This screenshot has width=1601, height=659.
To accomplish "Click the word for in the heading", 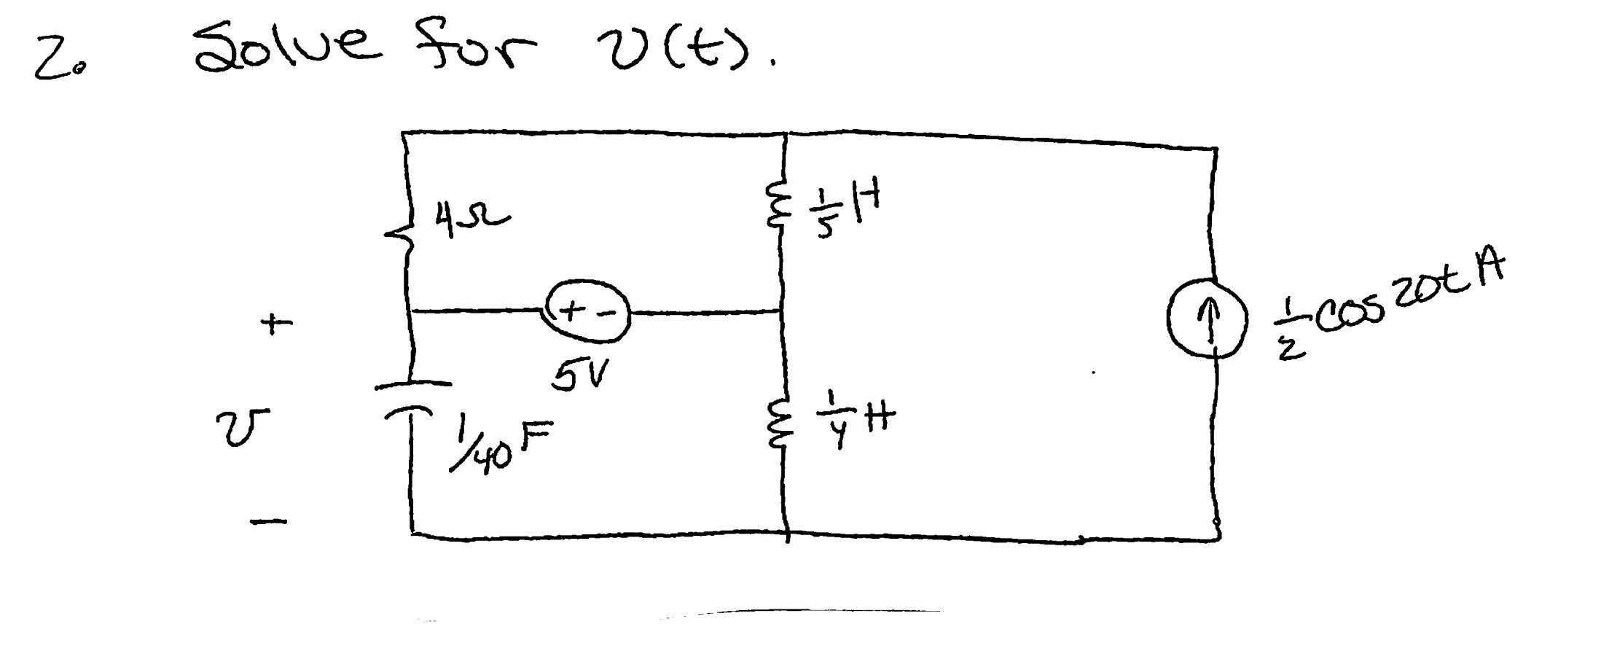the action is pyautogui.click(x=475, y=44).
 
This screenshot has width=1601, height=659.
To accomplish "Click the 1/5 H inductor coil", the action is pyautogui.click(x=777, y=208).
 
